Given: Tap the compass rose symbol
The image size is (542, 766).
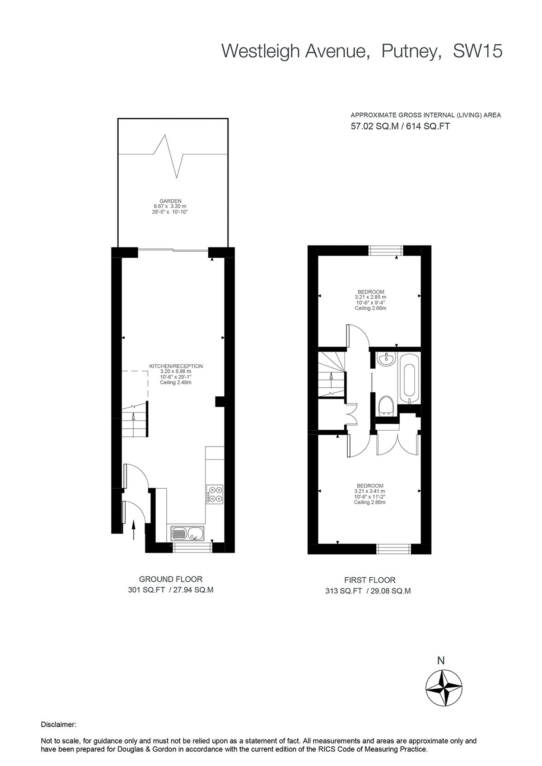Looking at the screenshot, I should tap(444, 688).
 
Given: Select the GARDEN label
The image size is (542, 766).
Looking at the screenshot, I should tap(170, 201).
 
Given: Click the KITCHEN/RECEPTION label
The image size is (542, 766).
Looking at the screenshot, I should tap(176, 366).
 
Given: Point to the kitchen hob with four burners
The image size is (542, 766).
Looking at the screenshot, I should tap(215, 493).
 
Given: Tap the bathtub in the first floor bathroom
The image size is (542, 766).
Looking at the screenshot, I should tap(409, 378).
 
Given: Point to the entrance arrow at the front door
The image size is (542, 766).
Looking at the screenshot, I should tap(134, 529).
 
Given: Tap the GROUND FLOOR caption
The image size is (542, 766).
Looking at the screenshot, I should tap(170, 579).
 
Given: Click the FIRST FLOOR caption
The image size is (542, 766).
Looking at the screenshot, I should tap(369, 580).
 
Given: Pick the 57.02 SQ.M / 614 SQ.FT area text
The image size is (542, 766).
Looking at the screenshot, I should tap(400, 126).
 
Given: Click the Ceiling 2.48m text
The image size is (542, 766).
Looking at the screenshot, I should tap(176, 382).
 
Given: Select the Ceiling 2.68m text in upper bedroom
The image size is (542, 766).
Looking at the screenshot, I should tap(370, 308).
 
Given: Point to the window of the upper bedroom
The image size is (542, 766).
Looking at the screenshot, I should tap(386, 250).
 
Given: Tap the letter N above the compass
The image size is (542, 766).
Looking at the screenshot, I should tap(441, 660).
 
